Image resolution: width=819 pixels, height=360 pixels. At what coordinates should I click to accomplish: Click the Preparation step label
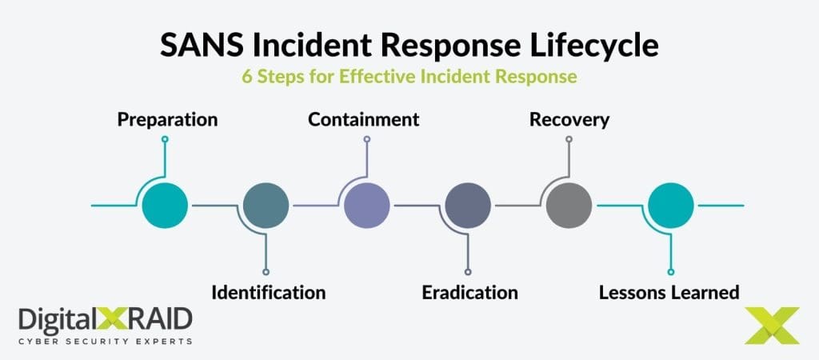(167, 119)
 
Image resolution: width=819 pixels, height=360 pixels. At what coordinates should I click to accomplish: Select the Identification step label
(268, 292)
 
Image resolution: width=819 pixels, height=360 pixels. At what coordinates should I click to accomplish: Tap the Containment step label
(364, 119)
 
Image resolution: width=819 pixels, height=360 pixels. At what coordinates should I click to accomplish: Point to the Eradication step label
(469, 292)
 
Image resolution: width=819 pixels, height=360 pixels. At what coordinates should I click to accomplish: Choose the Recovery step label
(569, 119)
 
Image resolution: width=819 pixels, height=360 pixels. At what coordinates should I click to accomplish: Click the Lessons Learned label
(669, 292)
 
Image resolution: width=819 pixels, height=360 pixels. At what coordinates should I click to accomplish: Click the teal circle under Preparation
(165, 206)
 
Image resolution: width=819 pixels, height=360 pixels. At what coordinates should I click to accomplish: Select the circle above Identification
(266, 206)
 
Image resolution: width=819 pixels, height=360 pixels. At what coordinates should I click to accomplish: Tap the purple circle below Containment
(366, 206)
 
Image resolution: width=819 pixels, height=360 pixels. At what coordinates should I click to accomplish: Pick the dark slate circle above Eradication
(468, 206)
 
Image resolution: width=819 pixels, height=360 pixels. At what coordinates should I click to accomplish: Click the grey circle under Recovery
(569, 206)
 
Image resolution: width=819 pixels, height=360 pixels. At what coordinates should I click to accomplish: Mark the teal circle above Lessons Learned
(670, 206)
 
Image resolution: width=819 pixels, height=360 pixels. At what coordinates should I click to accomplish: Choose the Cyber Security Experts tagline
(105, 341)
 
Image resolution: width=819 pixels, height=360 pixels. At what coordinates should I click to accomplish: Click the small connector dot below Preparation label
(165, 139)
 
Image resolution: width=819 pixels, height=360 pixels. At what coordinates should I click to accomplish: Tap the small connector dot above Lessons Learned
(670, 272)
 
